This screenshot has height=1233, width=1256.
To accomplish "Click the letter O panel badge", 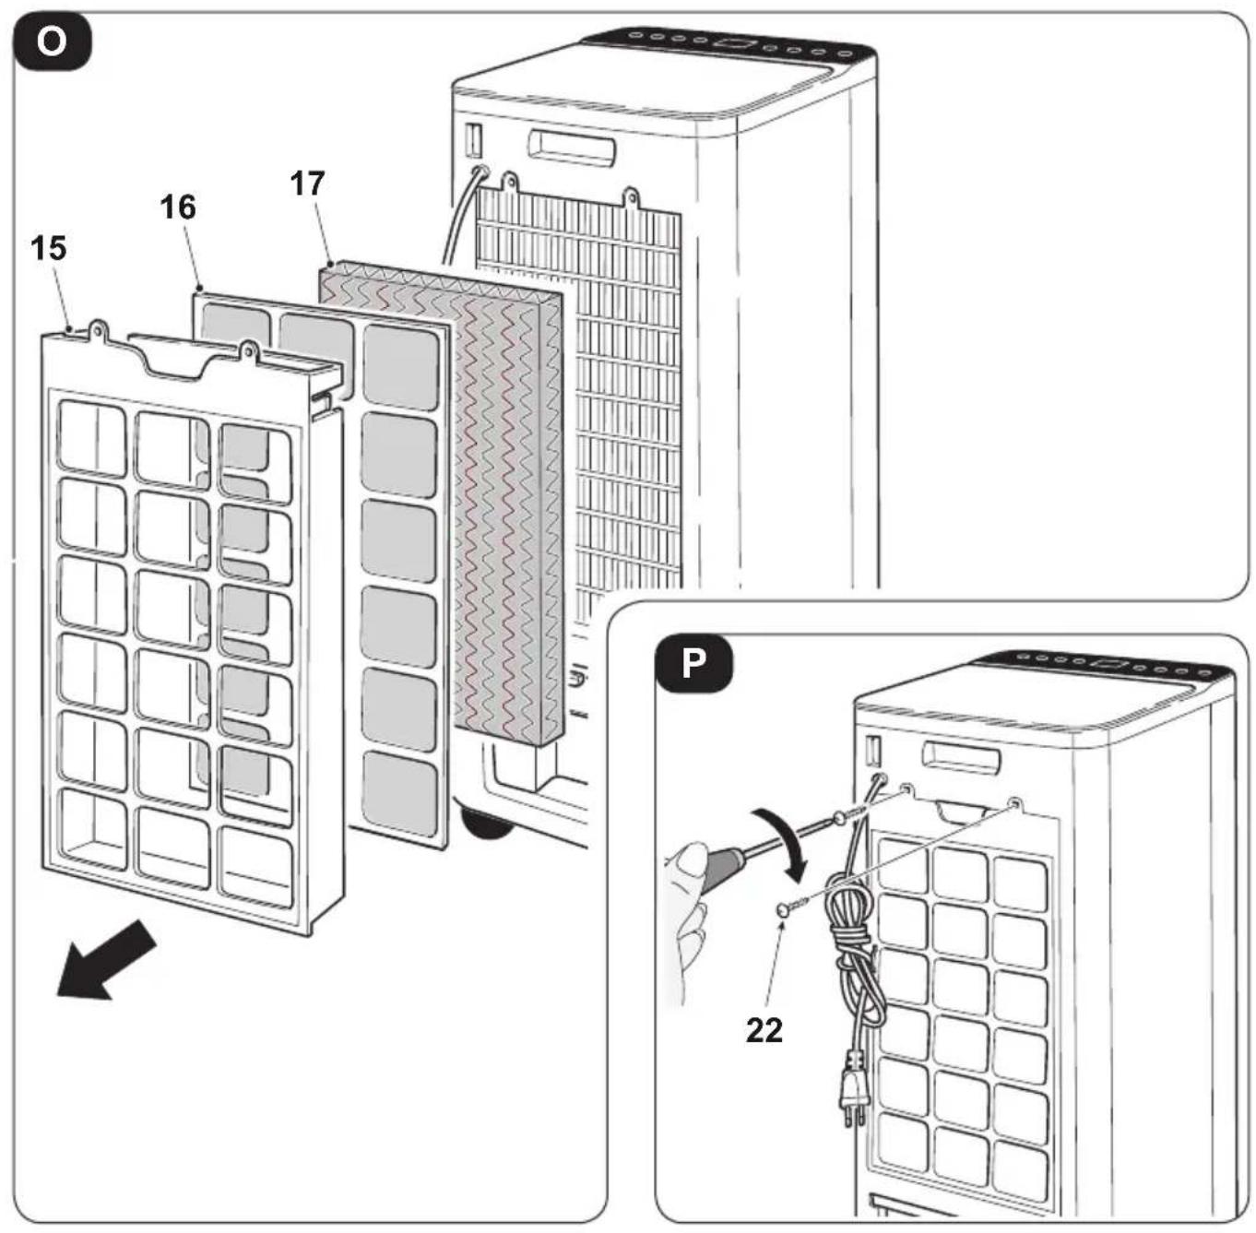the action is click(x=53, y=42).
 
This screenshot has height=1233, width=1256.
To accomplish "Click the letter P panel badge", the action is click(x=694, y=663).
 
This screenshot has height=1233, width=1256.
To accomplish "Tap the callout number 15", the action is click(x=48, y=248).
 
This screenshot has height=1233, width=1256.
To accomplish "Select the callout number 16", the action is click(x=178, y=207).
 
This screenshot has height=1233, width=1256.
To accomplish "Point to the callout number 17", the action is click(x=307, y=184).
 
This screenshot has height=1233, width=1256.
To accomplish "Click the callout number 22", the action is click(x=764, y=1031).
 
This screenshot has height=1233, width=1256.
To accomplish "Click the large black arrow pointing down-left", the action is click(x=106, y=960).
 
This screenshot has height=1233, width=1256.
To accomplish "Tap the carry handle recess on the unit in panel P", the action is click(x=961, y=757).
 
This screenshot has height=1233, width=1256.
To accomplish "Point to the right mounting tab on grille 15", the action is click(x=248, y=352).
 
